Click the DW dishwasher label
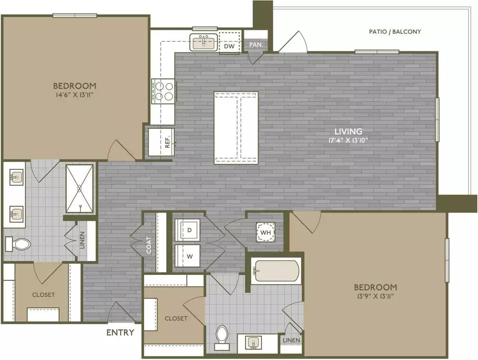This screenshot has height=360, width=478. pyautogui.click(x=229, y=46)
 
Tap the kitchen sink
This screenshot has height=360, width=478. pyautogui.click(x=204, y=42)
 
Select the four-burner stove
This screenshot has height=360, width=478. pyautogui.click(x=163, y=91)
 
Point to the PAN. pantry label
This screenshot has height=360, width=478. pyautogui.click(x=256, y=44)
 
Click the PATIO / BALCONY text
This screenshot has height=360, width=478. pyautogui.click(x=395, y=31)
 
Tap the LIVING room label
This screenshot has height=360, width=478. pyautogui.click(x=349, y=131)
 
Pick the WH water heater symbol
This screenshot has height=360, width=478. pyautogui.click(x=265, y=232)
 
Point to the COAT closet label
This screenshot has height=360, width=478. pyautogui.click(x=149, y=245)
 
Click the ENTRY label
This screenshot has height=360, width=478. pyautogui.click(x=120, y=332)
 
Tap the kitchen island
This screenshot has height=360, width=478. pyautogui.click(x=236, y=128)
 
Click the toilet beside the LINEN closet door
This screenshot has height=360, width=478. pyautogui.click(x=18, y=244)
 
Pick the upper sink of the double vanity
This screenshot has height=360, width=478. pyautogui.click(x=15, y=177)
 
